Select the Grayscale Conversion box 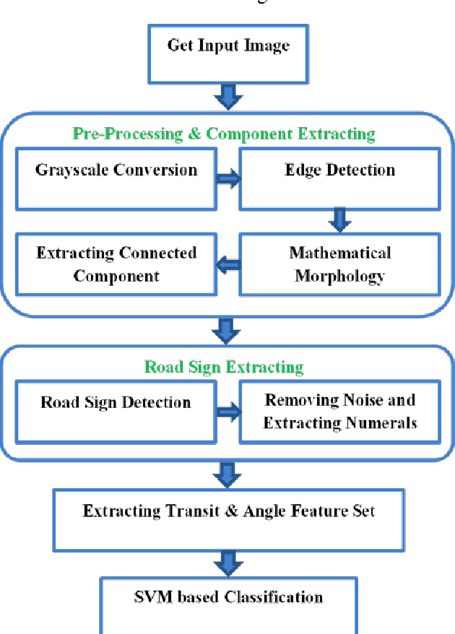(x=116, y=178)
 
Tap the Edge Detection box (x=339, y=178)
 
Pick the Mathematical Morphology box (x=339, y=264)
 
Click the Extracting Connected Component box (x=116, y=264)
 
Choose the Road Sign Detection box (x=116, y=412)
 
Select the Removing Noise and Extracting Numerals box (x=339, y=412)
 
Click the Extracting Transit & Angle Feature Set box (x=228, y=521)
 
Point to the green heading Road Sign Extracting (x=224, y=367)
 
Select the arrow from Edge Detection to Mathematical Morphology (x=339, y=218)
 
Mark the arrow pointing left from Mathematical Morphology (x=228, y=266)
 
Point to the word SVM (x=152, y=597)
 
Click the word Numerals (x=383, y=423)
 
